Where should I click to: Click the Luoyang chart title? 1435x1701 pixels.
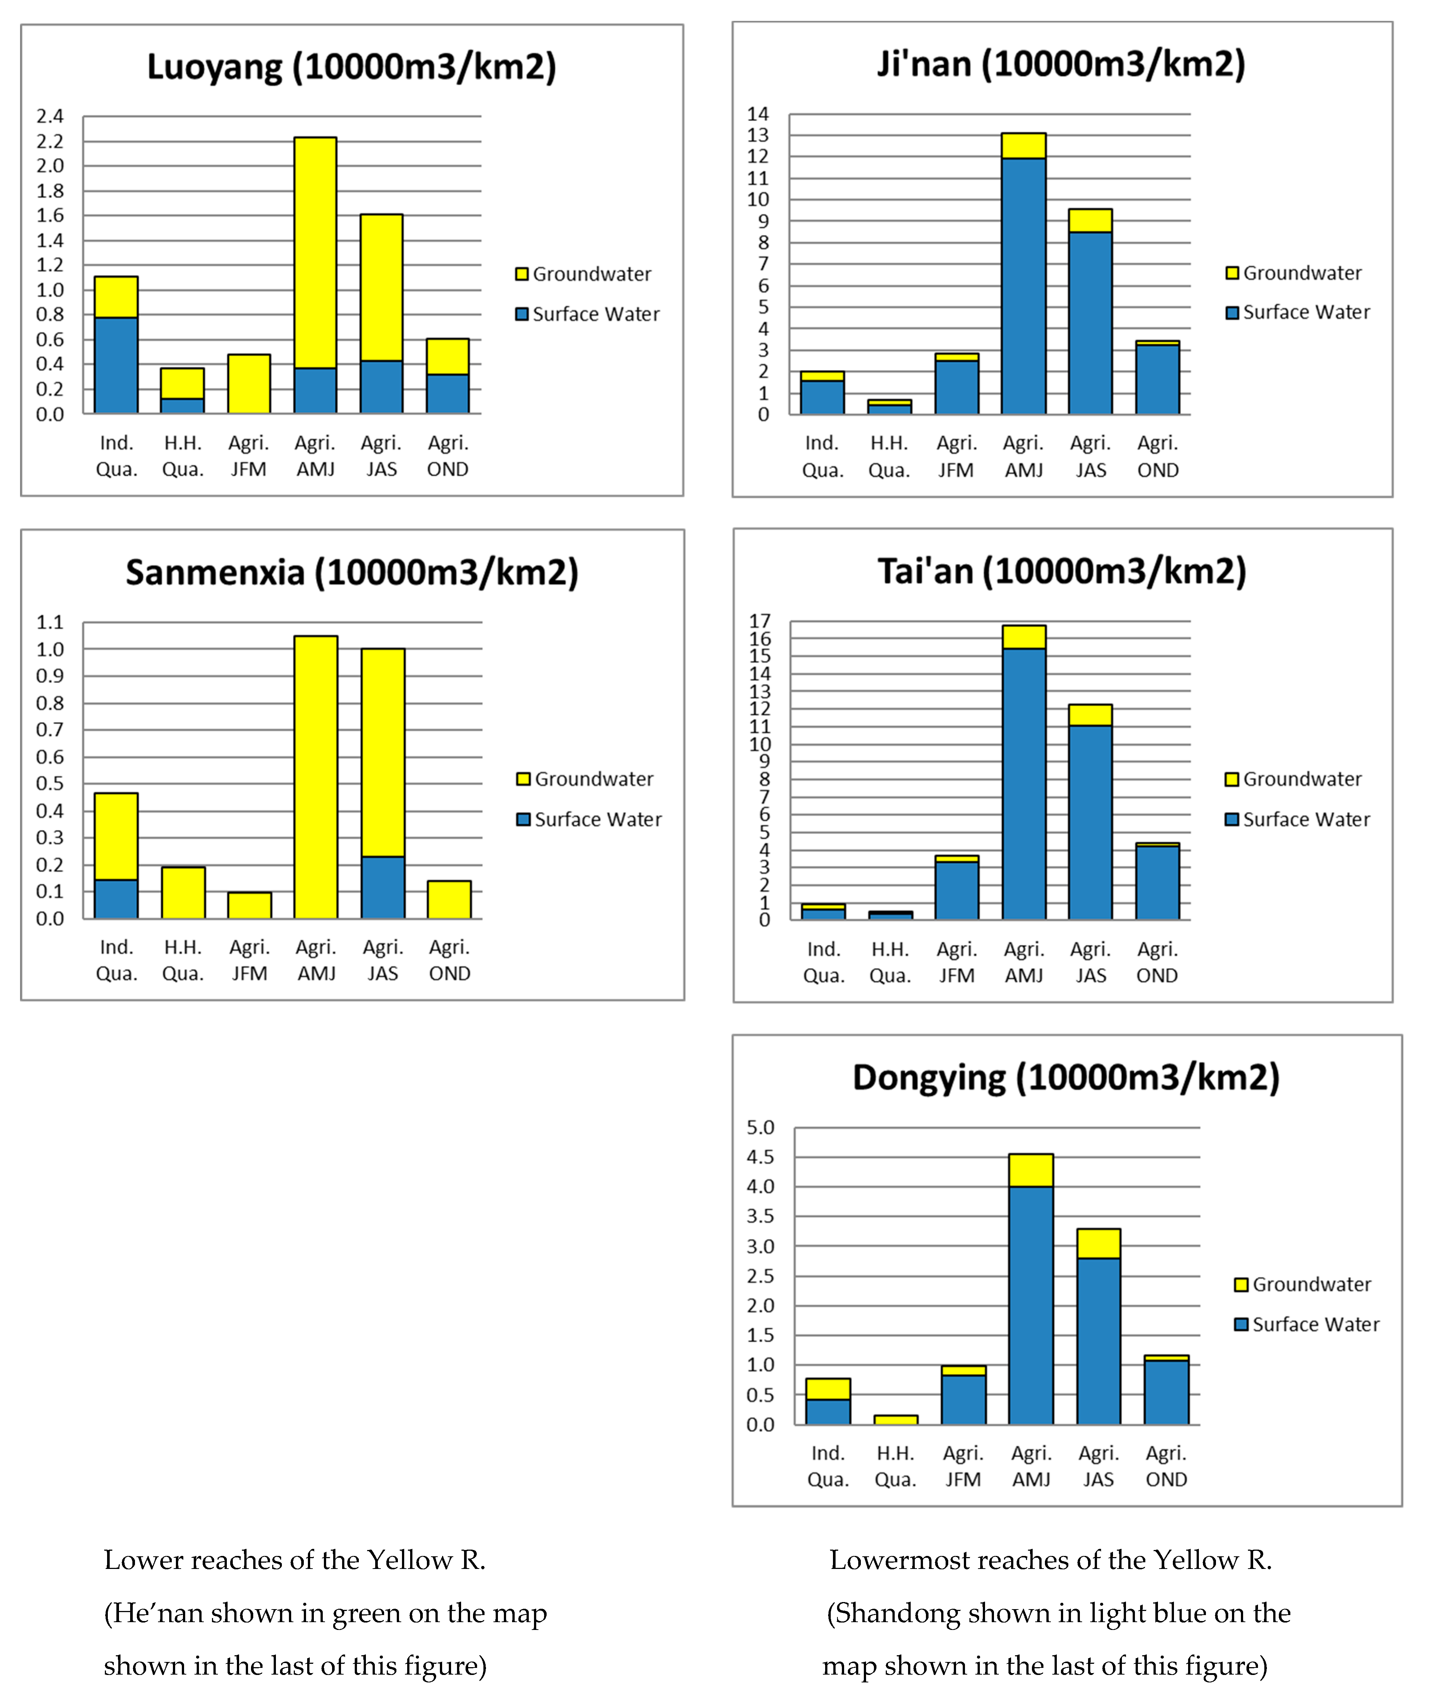tap(351, 67)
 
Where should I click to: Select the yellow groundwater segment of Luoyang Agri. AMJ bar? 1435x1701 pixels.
tap(316, 252)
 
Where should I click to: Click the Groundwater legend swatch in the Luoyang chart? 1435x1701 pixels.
tap(521, 274)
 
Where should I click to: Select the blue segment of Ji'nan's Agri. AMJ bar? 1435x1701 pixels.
tap(1023, 285)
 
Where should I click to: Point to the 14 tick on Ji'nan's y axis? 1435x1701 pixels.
tap(758, 114)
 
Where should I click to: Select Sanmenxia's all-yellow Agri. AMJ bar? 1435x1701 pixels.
tap(316, 777)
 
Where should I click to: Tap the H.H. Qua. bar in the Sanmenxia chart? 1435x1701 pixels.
tap(183, 893)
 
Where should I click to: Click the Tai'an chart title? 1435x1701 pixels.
tap(1062, 571)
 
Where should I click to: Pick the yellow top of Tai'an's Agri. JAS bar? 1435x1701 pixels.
tap(1090, 715)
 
